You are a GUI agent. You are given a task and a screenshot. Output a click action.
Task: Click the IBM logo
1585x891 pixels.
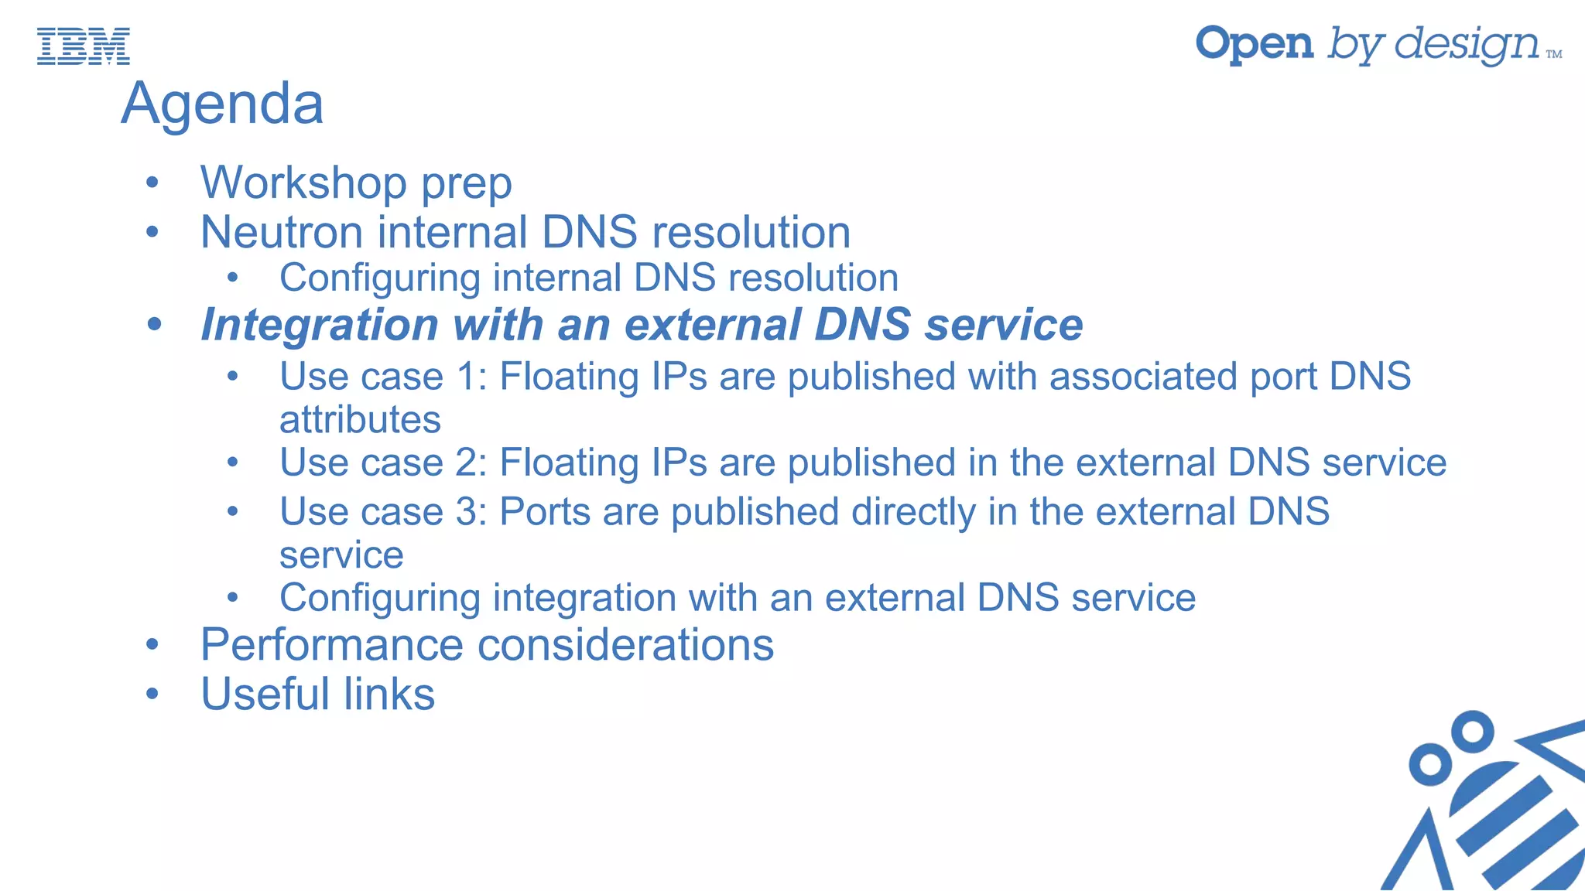coord(84,46)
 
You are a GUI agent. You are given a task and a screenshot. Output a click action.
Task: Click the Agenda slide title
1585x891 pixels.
coord(222,104)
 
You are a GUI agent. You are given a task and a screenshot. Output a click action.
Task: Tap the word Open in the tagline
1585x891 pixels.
coord(1255,44)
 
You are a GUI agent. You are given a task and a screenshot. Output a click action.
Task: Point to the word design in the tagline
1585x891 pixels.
coord(1467,44)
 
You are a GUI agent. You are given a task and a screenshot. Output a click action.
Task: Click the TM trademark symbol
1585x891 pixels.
coord(1554,54)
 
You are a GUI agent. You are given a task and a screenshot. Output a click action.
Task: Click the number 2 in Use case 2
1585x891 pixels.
coord(470,463)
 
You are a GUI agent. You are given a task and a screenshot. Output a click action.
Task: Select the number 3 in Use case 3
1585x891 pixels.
coord(470,512)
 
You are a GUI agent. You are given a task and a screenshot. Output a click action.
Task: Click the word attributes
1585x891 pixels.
coord(360,420)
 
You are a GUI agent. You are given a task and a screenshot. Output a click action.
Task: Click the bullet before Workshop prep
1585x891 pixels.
coord(152,183)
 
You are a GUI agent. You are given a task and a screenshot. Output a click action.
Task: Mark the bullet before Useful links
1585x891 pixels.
coord(152,694)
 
